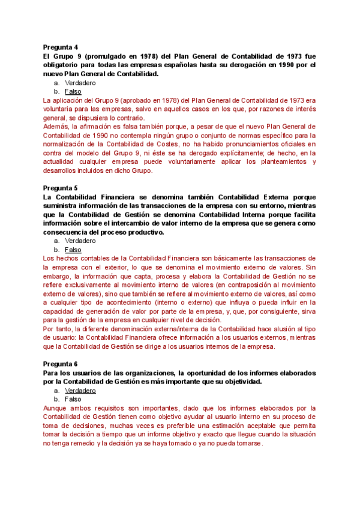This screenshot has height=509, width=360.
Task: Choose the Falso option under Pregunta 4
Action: tap(73, 91)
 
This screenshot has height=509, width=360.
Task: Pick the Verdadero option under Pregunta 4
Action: tap(80, 82)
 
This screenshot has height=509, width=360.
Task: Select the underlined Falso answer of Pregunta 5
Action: tap(73, 250)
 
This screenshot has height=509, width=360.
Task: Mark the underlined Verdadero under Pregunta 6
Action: tap(80, 390)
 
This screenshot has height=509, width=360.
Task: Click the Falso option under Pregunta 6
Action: tap(73, 399)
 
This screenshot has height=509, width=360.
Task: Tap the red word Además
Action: tap(56, 126)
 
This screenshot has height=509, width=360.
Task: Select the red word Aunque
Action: tap(56, 408)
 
